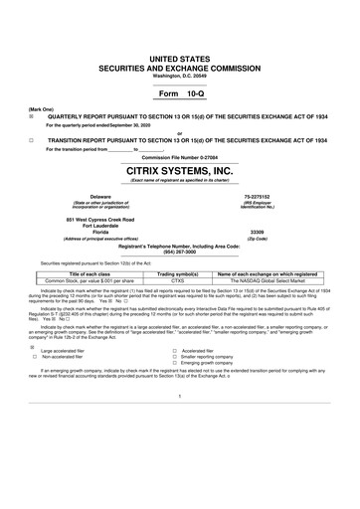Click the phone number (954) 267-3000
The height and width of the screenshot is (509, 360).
point(179,252)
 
